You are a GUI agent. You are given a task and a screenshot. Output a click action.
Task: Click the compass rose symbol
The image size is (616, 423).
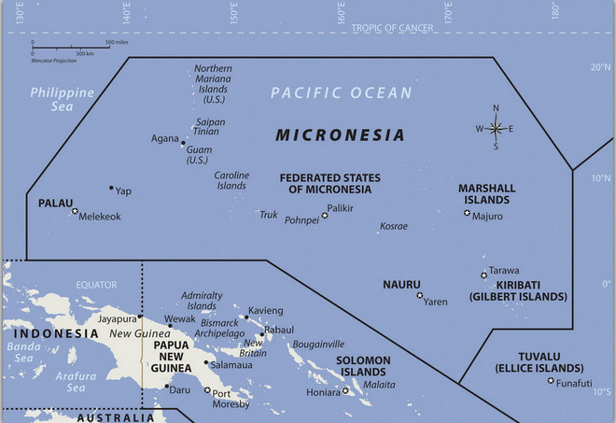click(x=496, y=129)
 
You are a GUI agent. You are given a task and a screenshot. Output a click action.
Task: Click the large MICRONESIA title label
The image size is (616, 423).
click(x=340, y=135)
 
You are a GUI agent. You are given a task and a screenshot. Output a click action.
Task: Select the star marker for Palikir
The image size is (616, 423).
click(x=325, y=216)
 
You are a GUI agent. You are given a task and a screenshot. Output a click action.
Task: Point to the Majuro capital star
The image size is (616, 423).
click(x=467, y=214)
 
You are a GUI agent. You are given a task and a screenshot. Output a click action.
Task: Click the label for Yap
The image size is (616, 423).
click(x=123, y=190)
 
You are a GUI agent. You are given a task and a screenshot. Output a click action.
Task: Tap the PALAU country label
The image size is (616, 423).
click(x=56, y=203)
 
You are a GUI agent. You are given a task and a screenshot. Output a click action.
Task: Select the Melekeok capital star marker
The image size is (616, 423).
click(x=75, y=211)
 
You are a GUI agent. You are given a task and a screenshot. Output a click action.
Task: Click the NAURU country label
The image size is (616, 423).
click(x=401, y=284)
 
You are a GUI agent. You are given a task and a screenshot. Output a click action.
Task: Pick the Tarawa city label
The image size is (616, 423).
click(x=504, y=271)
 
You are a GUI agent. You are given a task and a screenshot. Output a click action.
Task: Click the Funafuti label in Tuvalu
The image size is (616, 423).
click(x=572, y=383)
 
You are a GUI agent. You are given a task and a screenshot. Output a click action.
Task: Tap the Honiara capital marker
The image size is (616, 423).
click(x=345, y=391)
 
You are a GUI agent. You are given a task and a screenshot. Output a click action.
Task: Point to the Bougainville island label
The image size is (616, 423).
click(x=320, y=344)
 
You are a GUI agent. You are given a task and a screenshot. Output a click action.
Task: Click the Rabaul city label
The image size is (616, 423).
click(x=278, y=330)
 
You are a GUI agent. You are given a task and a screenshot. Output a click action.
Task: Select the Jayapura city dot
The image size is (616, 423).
click(x=140, y=317)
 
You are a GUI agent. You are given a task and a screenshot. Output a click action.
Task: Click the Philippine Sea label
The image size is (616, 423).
click(x=63, y=99)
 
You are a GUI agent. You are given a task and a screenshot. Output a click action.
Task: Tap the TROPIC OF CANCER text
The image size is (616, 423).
click(x=392, y=28)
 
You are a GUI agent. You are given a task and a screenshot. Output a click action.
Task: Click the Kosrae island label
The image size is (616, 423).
click(x=393, y=227)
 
